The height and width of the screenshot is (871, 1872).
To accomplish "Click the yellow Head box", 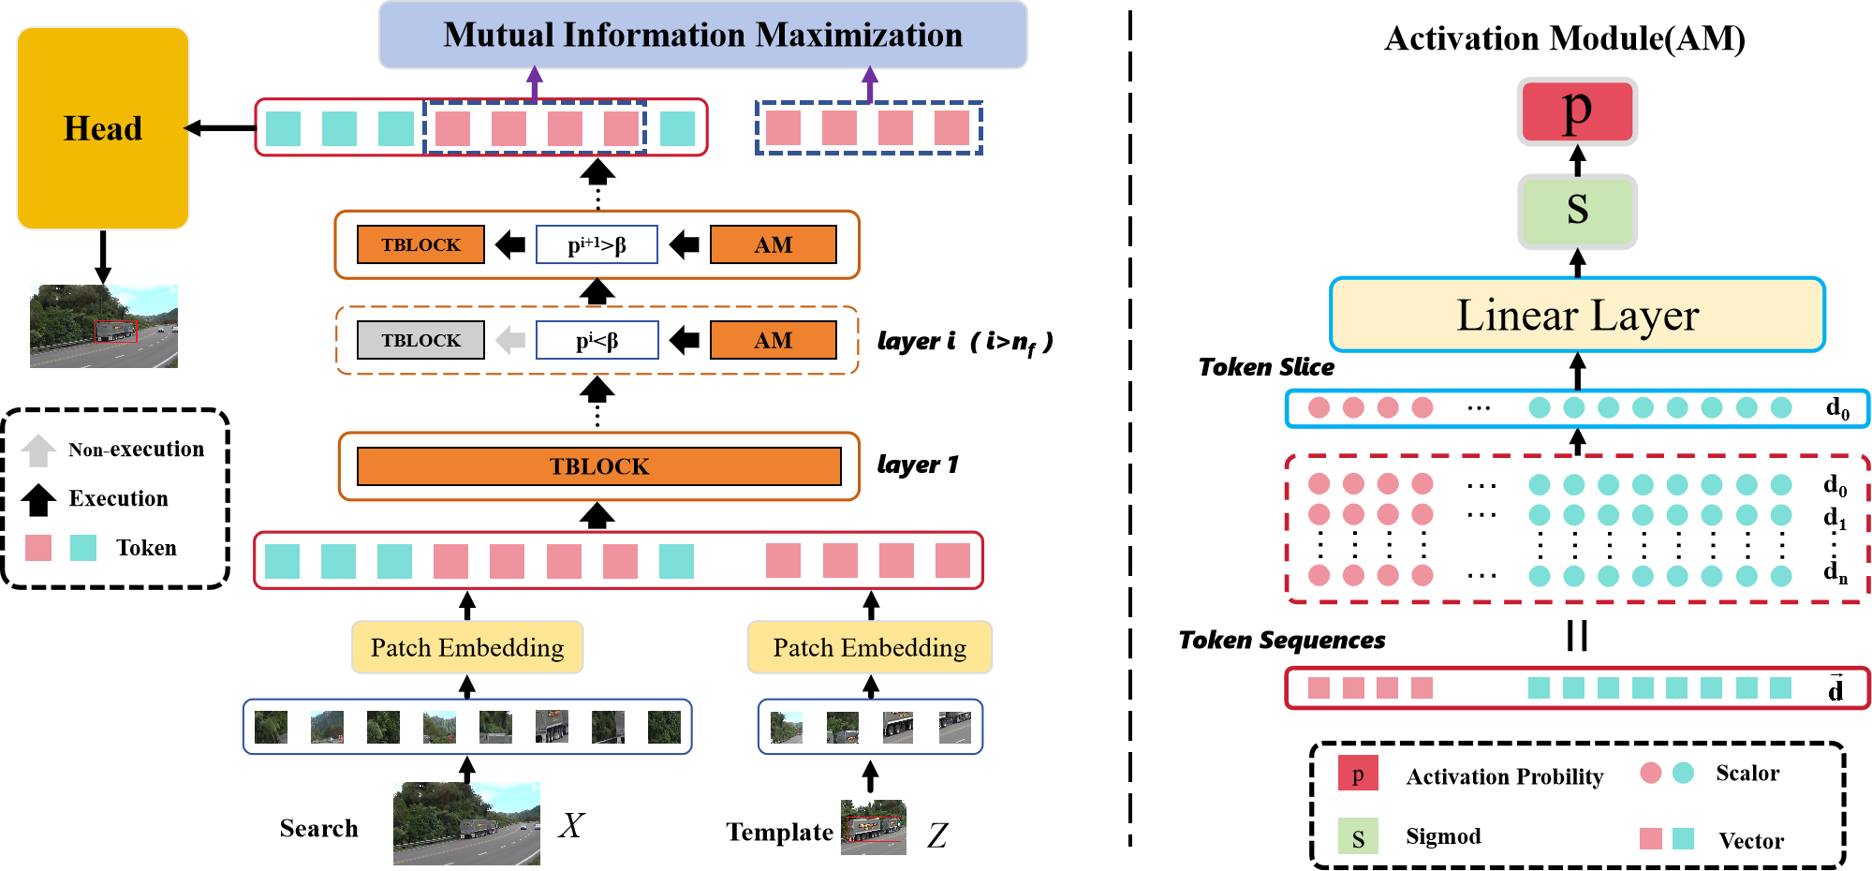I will coord(103,128).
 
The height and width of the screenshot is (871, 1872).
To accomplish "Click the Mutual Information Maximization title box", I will coord(702,35).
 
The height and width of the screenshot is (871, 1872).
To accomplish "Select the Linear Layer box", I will coord(1577,315).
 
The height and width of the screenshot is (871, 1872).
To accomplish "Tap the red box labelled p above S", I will coord(1577,111).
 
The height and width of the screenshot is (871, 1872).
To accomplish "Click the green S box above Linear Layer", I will coord(1577,211).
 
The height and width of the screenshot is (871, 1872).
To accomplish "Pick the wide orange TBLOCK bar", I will coord(598,466).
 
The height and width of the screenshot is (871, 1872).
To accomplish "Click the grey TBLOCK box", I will coord(420,340).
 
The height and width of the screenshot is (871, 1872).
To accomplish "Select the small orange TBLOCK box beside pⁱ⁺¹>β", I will coord(420,244).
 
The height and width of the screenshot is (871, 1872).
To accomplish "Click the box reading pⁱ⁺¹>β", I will coord(597,244).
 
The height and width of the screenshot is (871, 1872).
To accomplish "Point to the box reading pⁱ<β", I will coord(597,340).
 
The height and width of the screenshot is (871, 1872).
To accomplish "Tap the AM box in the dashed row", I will coord(773,340).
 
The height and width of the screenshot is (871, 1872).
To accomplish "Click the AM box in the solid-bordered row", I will coord(773,244).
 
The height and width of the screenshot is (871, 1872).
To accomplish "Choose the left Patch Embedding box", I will coord(467,647).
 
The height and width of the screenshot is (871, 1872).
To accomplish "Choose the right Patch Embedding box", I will coord(869,647).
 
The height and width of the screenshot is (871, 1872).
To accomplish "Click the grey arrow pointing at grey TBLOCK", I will coord(510,340).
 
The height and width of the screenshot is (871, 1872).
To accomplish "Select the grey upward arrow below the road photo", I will coord(38,450).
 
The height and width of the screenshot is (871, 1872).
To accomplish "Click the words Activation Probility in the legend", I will coord(1504,776).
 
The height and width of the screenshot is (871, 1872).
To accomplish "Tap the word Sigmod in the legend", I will coord(1443,835).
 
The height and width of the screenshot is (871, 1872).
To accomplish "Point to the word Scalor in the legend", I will coord(1747,773).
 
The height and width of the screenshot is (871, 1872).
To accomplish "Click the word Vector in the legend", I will coord(1750,840).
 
